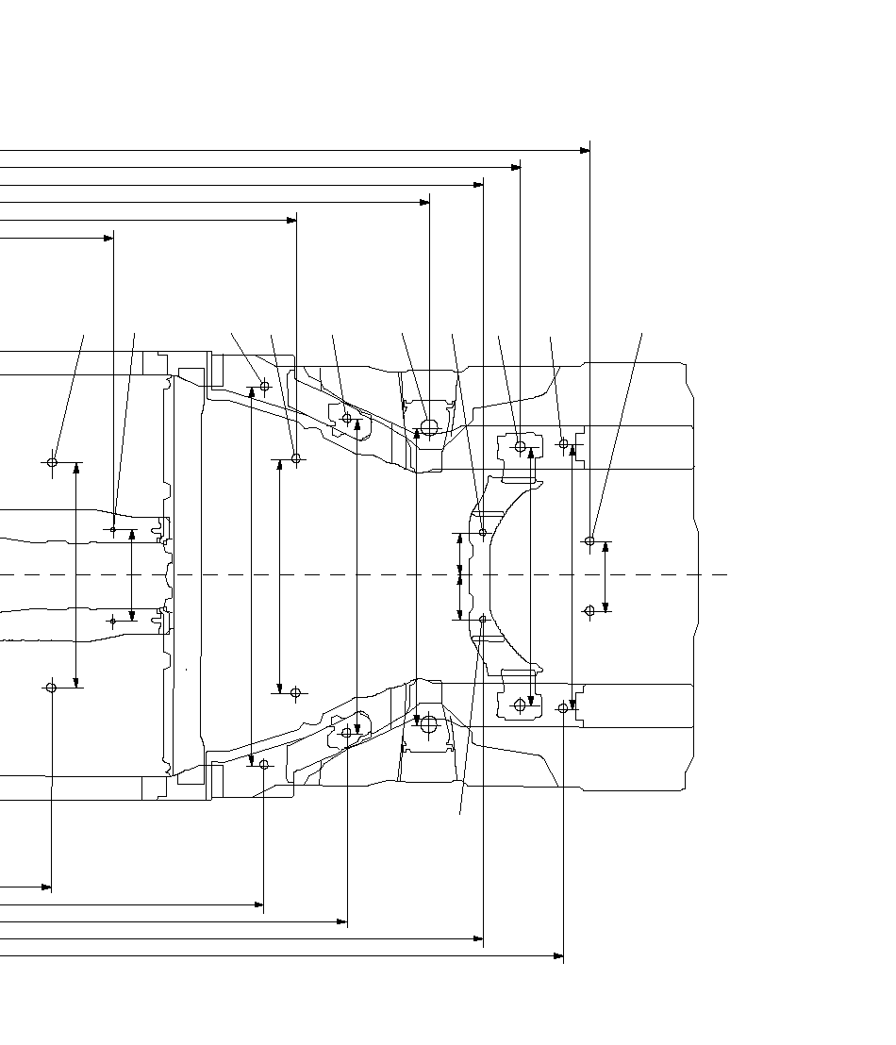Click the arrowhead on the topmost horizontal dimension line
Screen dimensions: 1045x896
[585, 151]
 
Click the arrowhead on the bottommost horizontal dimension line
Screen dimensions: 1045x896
[558, 956]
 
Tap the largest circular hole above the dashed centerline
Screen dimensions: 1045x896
[429, 427]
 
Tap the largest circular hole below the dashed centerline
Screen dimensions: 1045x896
[429, 724]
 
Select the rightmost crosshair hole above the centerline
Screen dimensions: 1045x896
[590, 541]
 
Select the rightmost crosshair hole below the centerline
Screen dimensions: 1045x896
[590, 611]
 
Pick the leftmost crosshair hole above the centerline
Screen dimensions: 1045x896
[52, 462]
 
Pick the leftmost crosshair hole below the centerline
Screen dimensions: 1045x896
[51, 688]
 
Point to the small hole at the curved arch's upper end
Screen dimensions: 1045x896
[483, 533]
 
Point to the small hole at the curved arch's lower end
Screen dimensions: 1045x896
[483, 620]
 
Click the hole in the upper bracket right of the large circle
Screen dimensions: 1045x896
[520, 446]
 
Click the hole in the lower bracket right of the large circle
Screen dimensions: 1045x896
[520, 705]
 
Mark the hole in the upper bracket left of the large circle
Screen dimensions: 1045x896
[347, 418]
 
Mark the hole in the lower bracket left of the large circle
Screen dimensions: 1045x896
[347, 733]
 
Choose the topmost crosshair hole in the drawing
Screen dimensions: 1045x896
[265, 386]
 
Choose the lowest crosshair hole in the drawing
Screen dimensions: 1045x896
[264, 764]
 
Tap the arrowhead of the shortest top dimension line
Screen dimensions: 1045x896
[108, 238]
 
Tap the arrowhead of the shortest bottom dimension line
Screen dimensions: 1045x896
[46, 887]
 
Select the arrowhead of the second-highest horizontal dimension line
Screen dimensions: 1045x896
[515, 168]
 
